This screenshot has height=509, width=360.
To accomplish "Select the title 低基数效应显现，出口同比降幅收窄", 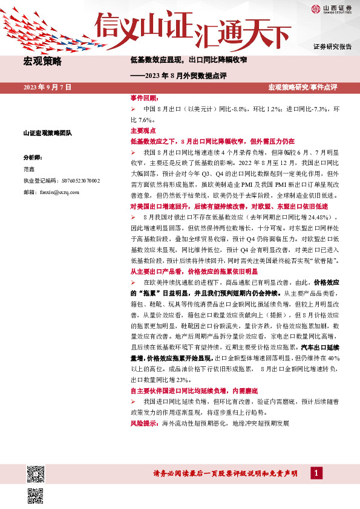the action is coord(189,60).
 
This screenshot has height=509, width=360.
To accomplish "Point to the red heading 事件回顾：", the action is coord(144,98).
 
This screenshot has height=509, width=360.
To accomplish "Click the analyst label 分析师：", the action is coord(33,157).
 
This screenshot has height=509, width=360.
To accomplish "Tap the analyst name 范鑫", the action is coord(28,169).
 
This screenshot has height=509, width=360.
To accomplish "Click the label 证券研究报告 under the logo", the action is coord(332,47).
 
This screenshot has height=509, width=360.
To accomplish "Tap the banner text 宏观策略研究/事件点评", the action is coord(302,88).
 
